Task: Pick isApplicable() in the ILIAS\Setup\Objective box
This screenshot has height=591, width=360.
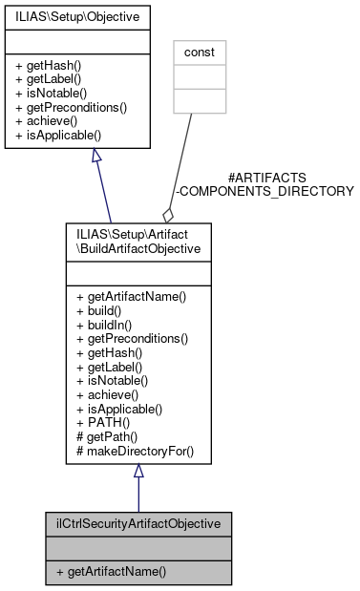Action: (59, 136)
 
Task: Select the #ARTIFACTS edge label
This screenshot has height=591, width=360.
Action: (266, 178)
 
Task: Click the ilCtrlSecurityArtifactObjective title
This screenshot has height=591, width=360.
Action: (138, 524)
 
